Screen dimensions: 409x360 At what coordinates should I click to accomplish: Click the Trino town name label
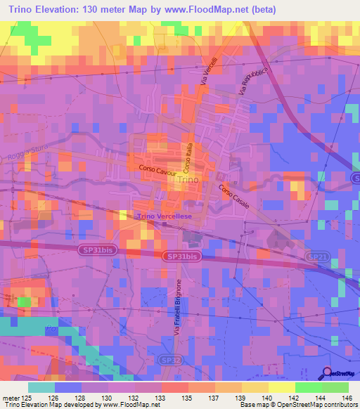pyautogui.click(x=189, y=180)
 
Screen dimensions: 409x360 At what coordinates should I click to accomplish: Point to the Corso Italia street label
pyautogui.click(x=188, y=159)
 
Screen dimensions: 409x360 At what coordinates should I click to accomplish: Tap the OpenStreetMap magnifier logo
pyautogui.click(x=327, y=372)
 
